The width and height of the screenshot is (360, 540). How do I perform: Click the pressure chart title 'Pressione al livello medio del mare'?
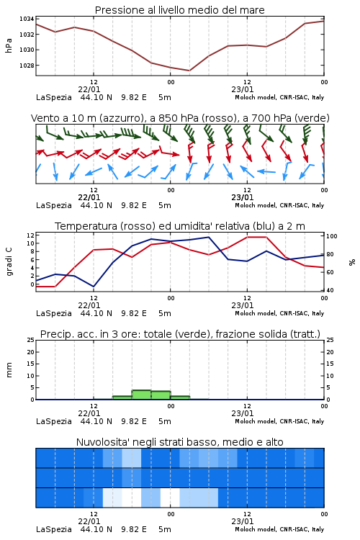coord(179,10)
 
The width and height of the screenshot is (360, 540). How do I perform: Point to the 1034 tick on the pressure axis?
coord(27,19)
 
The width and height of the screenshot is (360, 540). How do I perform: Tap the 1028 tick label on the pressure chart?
coord(27,66)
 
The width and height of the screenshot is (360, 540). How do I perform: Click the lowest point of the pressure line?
coord(189,71)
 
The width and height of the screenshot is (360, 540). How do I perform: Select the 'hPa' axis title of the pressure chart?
coord(9,45)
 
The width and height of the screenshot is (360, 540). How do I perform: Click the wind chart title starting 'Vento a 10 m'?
coord(180,118)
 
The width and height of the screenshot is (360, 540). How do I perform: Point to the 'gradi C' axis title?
coord(9,261)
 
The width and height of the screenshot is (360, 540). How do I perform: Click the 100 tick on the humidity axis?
coord(332,236)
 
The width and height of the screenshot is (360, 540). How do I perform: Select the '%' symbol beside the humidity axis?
coord(352,262)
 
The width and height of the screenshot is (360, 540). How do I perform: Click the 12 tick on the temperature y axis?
coord(30,235)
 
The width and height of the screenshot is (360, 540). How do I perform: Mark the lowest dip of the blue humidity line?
coord(94,287)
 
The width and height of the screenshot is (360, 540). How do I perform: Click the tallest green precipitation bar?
coord(141,395)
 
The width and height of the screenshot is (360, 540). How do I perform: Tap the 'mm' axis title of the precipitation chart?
coord(9,370)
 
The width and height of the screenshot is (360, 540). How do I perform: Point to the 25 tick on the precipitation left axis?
coord(30,341)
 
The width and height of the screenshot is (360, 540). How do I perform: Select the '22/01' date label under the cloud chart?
coord(89,521)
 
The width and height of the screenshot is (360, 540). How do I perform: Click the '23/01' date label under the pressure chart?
coord(242,89)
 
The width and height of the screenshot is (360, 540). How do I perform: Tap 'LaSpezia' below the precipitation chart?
coord(54,421)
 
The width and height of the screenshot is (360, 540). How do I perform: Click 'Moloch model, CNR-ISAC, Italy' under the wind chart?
coord(279,205)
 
